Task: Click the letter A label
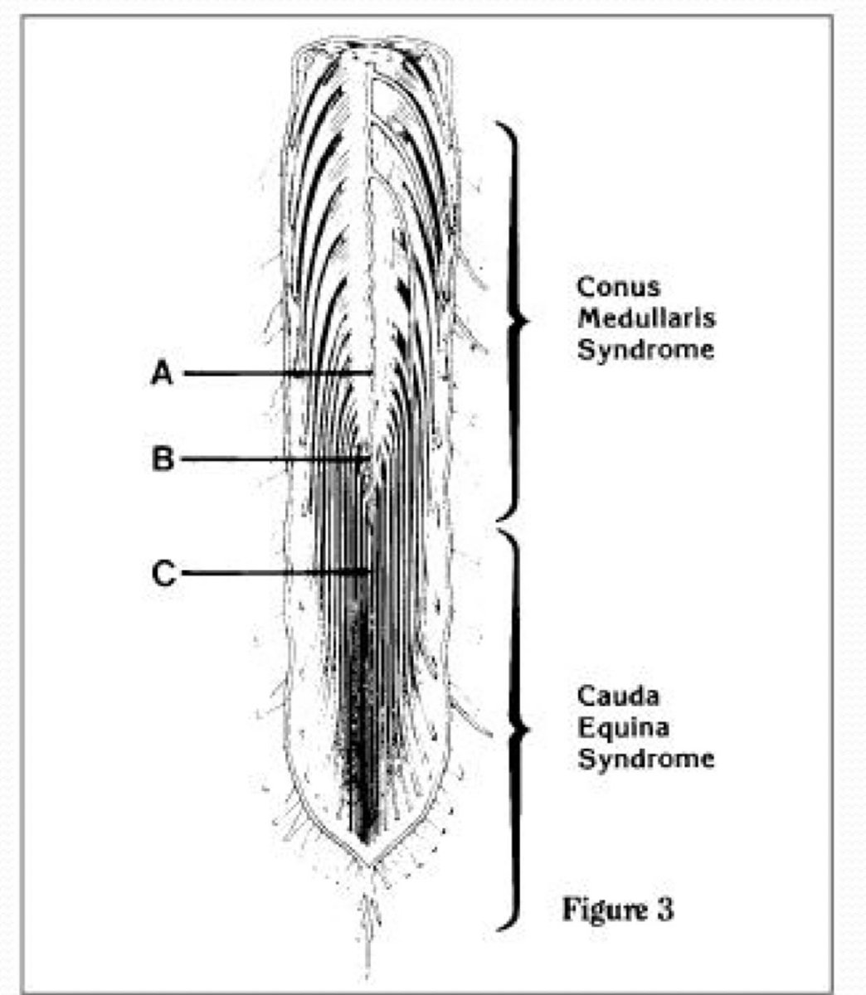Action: click(x=163, y=374)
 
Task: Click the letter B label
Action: click(x=163, y=459)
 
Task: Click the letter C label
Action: click(x=164, y=573)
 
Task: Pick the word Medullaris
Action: click(x=646, y=318)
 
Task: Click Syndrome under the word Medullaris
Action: click(x=645, y=350)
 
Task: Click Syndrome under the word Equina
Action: click(x=645, y=759)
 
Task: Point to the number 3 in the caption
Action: click(x=664, y=909)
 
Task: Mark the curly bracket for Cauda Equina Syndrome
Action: click(x=516, y=730)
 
